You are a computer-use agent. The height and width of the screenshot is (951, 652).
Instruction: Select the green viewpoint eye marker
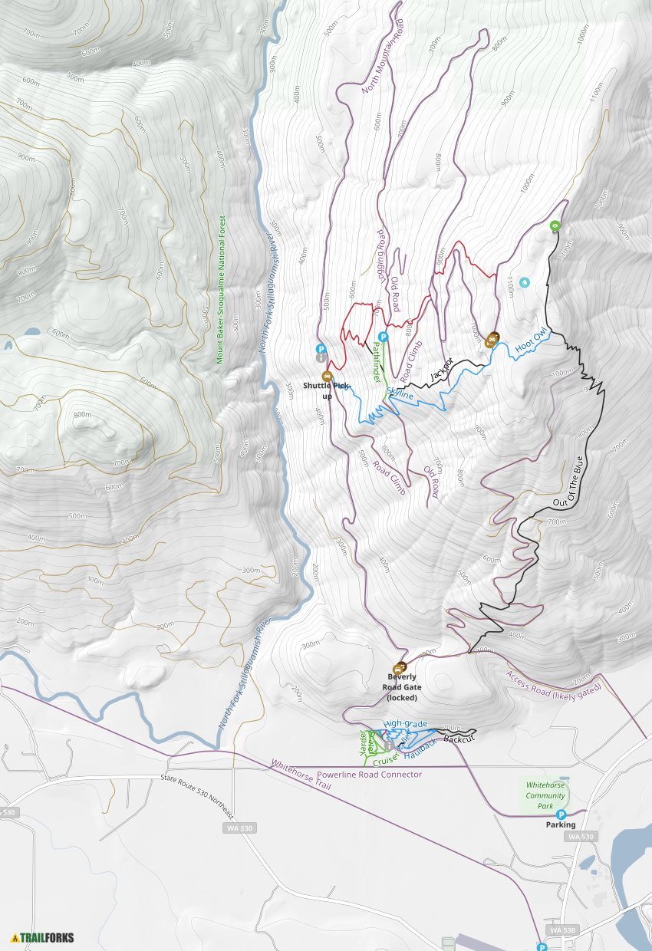click(x=555, y=225)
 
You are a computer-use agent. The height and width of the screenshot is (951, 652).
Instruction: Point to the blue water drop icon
click(x=525, y=282)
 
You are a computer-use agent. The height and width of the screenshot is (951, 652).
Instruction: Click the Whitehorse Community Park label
click(x=545, y=795)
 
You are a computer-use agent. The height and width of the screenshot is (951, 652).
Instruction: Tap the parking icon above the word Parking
click(x=561, y=814)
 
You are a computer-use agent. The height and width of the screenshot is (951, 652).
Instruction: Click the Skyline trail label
click(x=400, y=393)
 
